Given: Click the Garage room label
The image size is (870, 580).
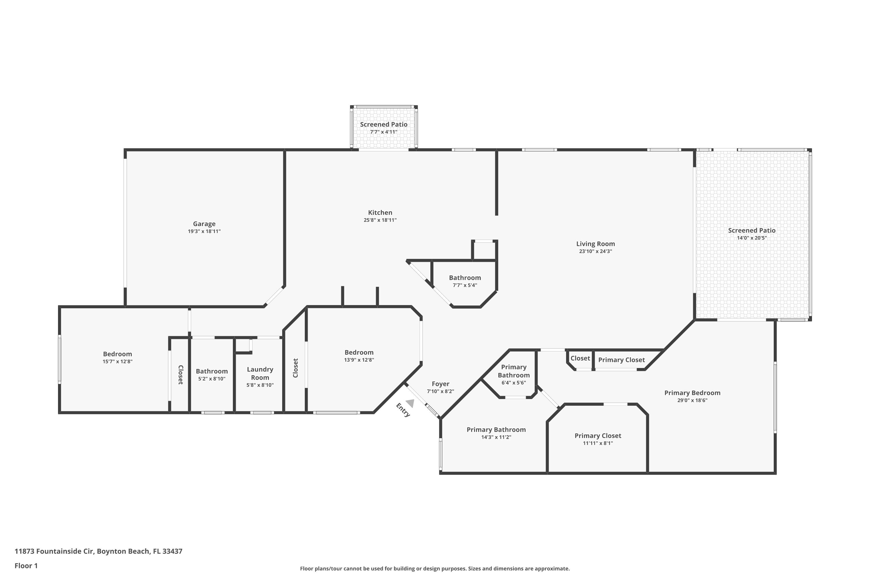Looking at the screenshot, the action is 204,224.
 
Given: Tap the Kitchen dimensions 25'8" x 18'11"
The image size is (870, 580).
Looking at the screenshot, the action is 380,220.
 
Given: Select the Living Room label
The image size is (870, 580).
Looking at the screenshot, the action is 596,244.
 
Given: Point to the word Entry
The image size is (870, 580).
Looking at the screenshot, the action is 403,410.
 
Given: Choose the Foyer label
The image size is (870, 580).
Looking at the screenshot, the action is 441,384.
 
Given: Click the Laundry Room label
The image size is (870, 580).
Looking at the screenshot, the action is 260,373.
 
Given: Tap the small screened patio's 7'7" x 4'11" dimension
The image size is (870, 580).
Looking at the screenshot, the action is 384,132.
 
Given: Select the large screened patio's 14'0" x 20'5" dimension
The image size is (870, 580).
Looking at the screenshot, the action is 752,238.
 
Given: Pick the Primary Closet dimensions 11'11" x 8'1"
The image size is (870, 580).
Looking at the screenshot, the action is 598,443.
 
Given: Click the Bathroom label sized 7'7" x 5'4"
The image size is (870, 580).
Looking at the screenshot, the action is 465,278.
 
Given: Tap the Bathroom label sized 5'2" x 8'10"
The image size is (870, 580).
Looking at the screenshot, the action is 212,371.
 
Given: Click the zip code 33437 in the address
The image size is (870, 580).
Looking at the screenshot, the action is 172,551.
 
